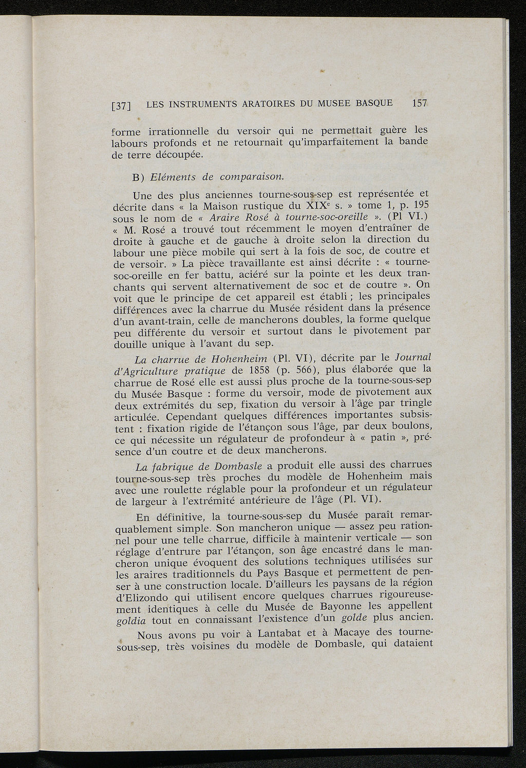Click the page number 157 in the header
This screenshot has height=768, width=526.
420,103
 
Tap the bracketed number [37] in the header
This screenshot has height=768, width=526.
122,106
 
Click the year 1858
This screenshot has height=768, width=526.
256,370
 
